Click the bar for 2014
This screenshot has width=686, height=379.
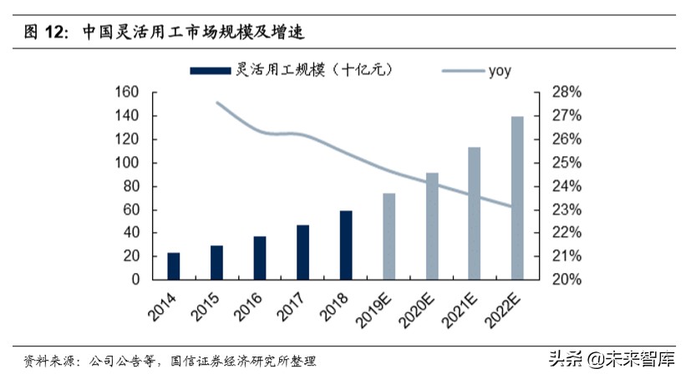click(x=173, y=265)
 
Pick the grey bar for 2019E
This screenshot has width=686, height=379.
click(x=389, y=236)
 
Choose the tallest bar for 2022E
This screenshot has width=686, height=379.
click(x=517, y=198)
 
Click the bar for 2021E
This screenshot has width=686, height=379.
click(x=475, y=213)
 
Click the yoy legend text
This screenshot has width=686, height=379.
click(x=499, y=71)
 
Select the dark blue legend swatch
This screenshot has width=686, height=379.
click(x=210, y=71)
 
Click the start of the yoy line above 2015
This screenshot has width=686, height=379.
click(x=216, y=103)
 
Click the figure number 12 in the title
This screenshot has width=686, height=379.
click(x=56, y=33)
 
